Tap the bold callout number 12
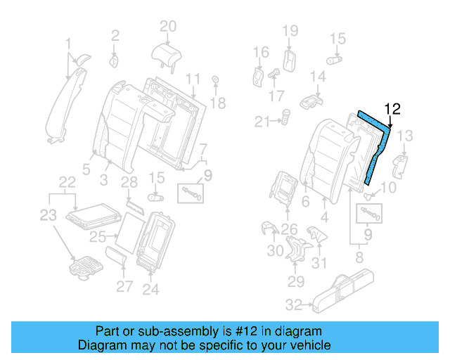[x=392, y=109]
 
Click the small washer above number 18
[x=214, y=79]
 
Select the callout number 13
[x=406, y=136]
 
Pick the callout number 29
[x=295, y=282]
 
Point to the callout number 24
[x=151, y=289]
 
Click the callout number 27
[x=124, y=286]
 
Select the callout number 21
[x=262, y=122]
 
